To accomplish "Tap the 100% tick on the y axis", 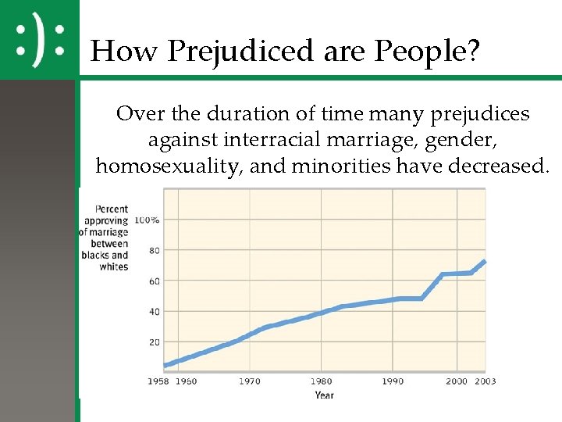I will tap(147, 220).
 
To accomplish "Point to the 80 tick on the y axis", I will tap(154, 251).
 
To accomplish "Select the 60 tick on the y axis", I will tap(154, 281).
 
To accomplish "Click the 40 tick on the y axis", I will tap(154, 312).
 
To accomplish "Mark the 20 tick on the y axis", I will tap(154, 342).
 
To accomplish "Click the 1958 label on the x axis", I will tap(158, 381).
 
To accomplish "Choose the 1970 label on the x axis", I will tap(249, 381).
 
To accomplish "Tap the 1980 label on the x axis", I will tap(321, 381).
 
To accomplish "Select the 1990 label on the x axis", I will tap(393, 381).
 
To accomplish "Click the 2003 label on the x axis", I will tap(485, 381).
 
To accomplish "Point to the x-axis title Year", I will tap(324, 395).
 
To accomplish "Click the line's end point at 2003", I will tap(485, 261).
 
